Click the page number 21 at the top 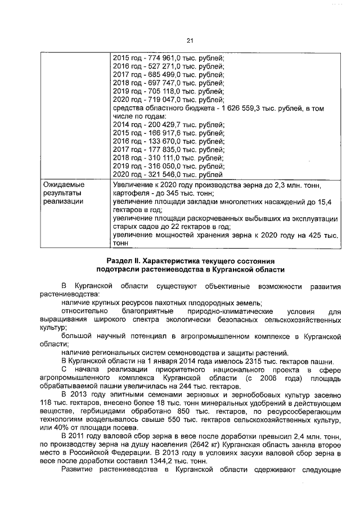click(x=190, y=40)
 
